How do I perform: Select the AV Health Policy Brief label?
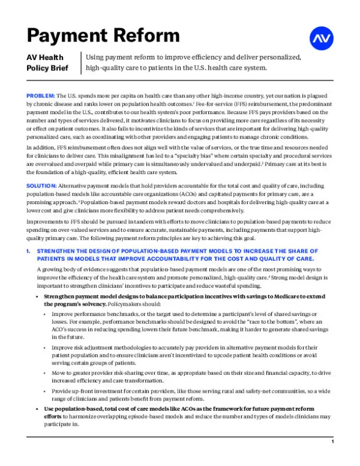tap(51, 62)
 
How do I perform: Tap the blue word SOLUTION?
tap(41, 186)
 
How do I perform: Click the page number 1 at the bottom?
tap(332, 441)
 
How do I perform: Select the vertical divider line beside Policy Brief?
tap(81, 62)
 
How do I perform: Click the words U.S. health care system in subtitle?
tap(229, 67)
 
